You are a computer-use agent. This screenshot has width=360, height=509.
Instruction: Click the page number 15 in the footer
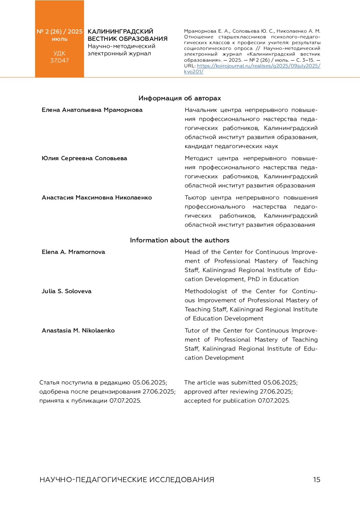[x=316, y=480]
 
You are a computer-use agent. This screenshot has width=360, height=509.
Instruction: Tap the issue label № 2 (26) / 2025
[x=59, y=31]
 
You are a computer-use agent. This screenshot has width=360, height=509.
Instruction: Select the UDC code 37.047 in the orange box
[x=59, y=60]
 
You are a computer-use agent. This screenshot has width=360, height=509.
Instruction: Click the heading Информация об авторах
[x=180, y=98]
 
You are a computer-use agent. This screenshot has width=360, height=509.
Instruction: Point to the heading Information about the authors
[x=179, y=240]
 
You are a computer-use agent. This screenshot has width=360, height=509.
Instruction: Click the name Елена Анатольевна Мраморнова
[x=92, y=110]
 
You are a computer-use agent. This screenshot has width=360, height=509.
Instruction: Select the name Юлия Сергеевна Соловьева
[x=84, y=158]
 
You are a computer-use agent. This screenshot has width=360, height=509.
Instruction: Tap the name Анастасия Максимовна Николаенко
[x=97, y=197]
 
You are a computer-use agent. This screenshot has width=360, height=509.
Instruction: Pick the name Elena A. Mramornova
[x=73, y=252]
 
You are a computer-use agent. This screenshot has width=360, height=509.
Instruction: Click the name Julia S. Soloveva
[x=66, y=291]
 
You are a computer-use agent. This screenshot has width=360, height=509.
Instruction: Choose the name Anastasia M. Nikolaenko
[x=78, y=330]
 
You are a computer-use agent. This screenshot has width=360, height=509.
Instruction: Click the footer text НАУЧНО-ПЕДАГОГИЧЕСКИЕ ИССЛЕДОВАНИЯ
[x=127, y=480]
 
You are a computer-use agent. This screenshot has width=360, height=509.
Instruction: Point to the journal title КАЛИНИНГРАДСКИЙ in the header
[x=120, y=31]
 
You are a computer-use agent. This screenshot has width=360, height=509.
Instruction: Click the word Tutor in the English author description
[x=192, y=330]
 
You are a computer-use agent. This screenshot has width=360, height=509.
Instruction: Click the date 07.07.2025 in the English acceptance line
[x=274, y=400]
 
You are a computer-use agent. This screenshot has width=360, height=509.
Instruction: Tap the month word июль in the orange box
[x=59, y=39]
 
